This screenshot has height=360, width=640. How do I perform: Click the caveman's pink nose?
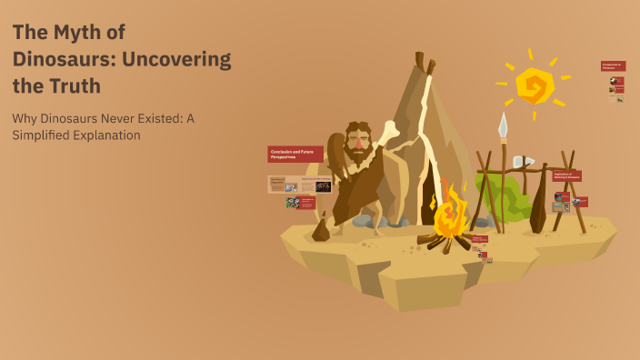359,143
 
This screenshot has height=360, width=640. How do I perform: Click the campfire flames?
449,215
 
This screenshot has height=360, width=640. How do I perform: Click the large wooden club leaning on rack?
538,205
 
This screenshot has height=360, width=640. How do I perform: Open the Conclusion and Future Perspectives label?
295,155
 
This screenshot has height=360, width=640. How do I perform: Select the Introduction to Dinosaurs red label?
613,66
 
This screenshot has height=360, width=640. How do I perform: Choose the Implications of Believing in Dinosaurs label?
566,175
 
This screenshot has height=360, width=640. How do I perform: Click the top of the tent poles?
423,62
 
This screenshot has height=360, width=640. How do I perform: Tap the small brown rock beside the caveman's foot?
320,230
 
